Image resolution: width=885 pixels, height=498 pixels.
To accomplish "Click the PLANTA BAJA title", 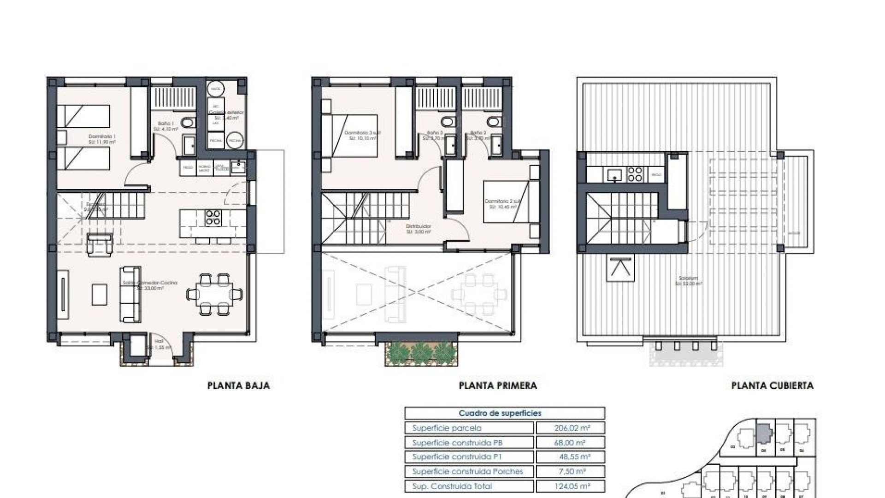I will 238,385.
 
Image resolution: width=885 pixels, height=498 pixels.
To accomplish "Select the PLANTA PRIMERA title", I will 498,385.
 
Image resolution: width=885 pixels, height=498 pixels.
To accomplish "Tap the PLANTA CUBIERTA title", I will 772,385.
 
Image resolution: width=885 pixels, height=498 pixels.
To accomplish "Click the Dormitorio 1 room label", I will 102,139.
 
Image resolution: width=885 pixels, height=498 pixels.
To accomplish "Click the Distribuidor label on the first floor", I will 418,229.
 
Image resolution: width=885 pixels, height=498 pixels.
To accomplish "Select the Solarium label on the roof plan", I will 688,281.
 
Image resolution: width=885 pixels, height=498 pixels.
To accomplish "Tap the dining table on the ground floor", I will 215,293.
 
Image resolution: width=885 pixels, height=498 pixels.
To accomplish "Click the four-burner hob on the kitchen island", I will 213,218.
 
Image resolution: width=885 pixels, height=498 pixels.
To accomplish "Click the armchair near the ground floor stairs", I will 99,243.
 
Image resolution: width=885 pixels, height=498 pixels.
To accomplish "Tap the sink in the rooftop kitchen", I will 614,174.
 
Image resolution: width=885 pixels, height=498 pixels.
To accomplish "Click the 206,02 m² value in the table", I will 570,428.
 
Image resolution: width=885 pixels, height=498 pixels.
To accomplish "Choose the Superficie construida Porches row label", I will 467,471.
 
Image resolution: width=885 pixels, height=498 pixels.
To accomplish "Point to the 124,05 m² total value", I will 570,486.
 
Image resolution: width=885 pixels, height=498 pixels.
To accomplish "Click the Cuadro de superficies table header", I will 504,413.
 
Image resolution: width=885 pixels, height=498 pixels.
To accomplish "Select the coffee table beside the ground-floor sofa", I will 99,294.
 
